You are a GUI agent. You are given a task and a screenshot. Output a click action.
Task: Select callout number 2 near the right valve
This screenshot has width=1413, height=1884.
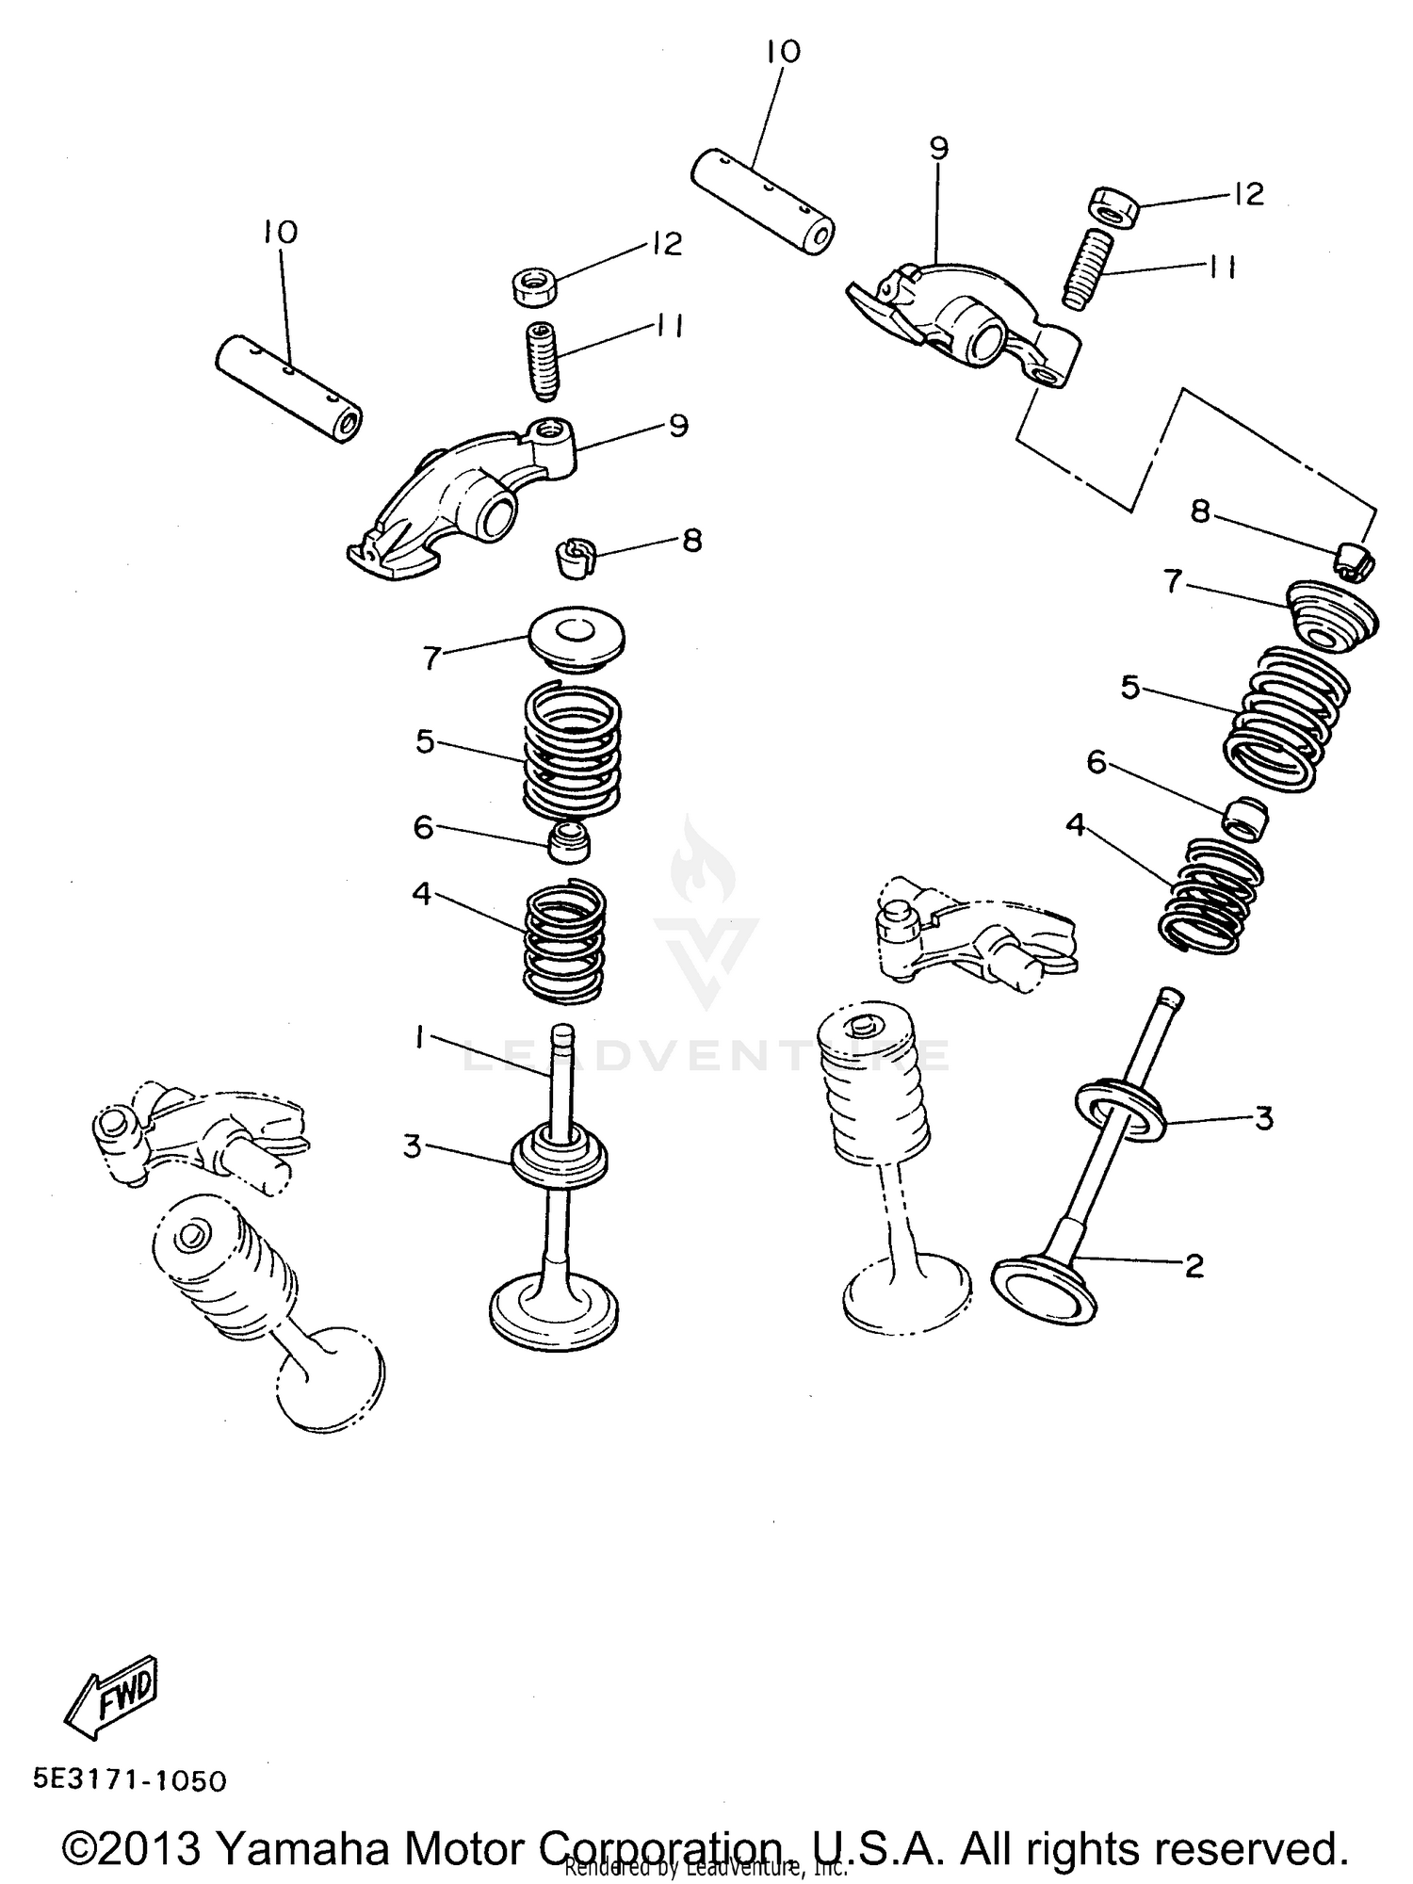coord(1194,1266)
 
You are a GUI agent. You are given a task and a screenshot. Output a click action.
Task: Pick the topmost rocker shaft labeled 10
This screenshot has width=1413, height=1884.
coord(763,203)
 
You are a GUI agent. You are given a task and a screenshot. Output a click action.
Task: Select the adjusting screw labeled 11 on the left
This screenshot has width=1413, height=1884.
coord(543,360)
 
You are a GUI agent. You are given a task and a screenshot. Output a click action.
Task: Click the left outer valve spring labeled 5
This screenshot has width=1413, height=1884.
coord(572,751)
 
